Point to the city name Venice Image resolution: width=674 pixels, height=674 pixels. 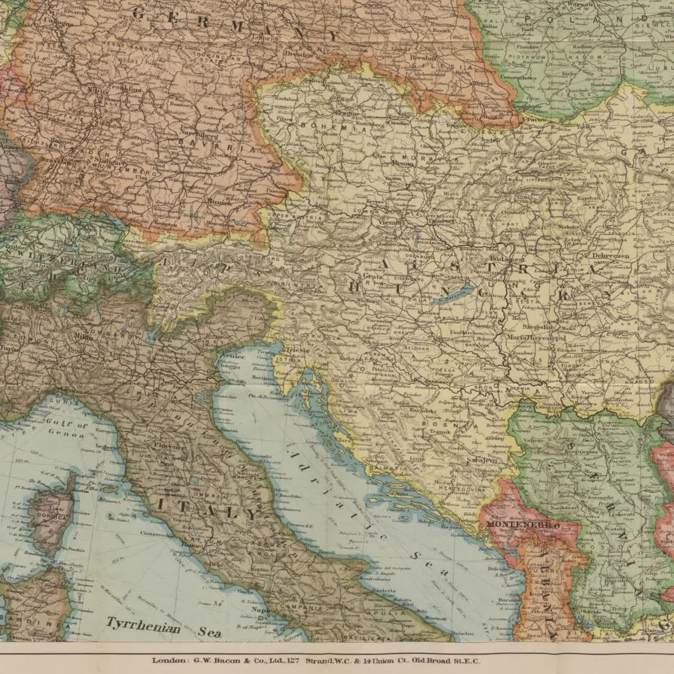coord(232,356)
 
